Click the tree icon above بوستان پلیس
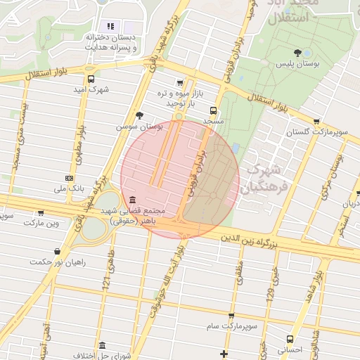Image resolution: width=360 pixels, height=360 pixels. click(x=298, y=52)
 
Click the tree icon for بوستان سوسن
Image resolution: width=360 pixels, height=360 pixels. click(x=140, y=115)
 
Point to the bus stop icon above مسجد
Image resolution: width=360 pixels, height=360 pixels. click(x=213, y=110)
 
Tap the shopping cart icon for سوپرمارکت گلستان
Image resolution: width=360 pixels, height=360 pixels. click(x=316, y=121)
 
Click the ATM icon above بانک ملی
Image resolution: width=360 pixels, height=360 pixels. click(x=69, y=178)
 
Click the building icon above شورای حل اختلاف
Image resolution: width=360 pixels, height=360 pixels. click(x=103, y=346)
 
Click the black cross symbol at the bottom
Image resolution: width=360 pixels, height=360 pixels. click(x=224, y=353)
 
